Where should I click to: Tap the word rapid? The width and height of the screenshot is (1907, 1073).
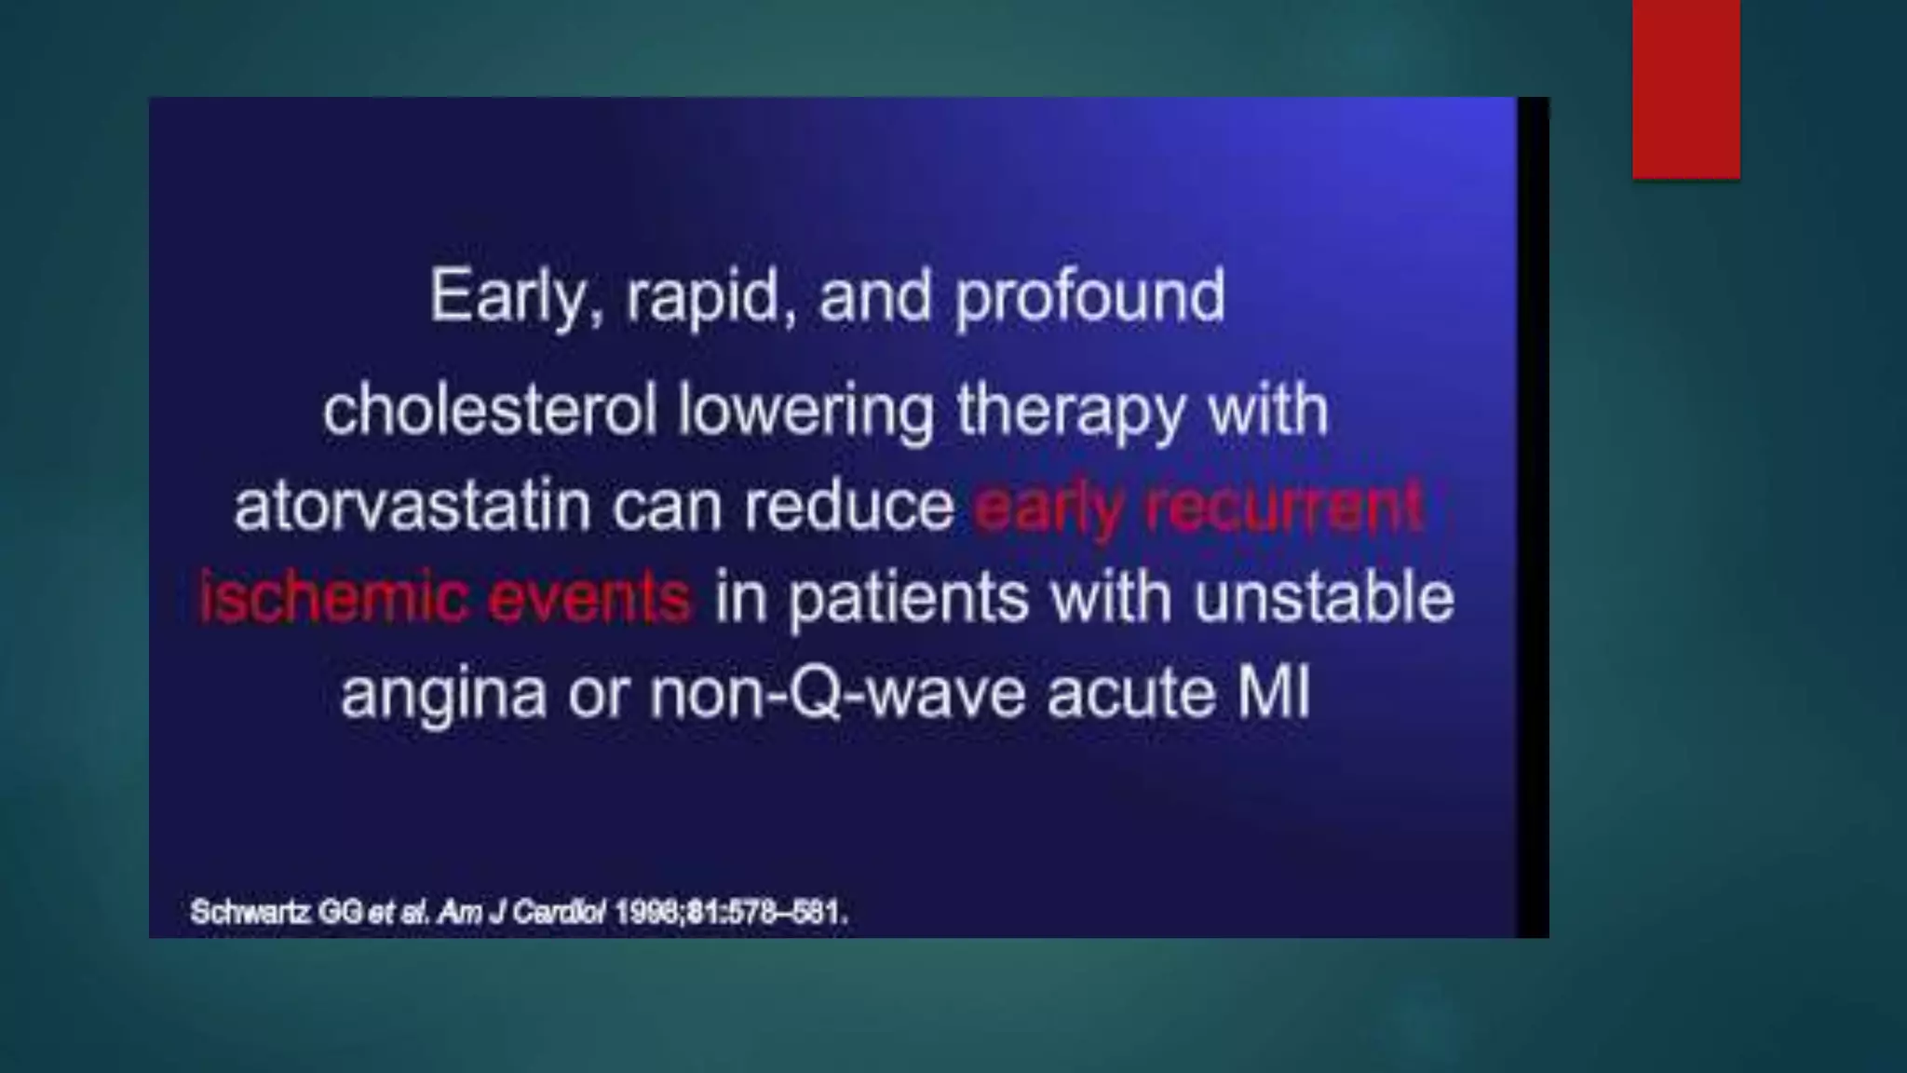tap(709, 297)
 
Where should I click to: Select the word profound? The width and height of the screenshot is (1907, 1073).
tap(1089, 297)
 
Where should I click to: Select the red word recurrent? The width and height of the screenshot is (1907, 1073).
tap(1284, 508)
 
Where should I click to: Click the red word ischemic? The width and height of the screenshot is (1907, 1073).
tap(331, 598)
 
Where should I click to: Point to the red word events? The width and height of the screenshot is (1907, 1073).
tap(589, 598)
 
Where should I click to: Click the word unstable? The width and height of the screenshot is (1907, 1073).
tap(1323, 598)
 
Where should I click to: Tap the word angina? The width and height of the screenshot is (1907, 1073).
tap(443, 694)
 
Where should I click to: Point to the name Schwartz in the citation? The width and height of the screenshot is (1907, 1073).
tap(250, 912)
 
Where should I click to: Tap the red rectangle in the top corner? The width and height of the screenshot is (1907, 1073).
tap(1685, 88)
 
